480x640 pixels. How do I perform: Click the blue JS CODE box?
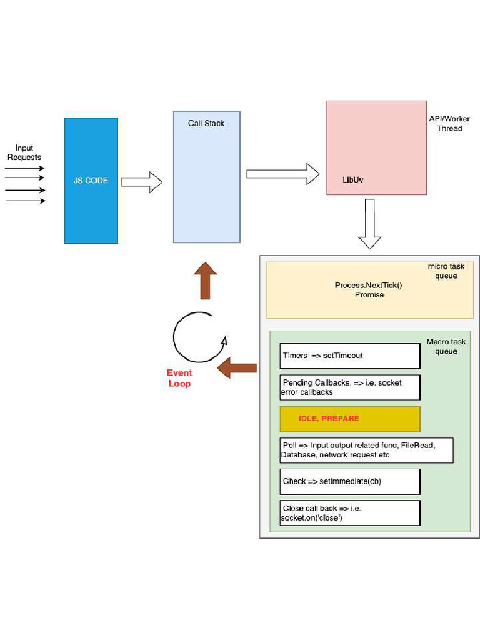click(91, 181)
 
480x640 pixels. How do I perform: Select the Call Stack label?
click(206, 123)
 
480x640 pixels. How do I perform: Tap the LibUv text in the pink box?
click(353, 179)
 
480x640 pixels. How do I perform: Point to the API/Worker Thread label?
click(449, 123)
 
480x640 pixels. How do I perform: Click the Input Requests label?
click(24, 152)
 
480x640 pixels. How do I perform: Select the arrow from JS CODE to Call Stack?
click(141, 182)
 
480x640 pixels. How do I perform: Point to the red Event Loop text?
click(179, 378)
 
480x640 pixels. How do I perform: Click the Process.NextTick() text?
click(369, 285)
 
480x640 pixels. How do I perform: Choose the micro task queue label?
click(446, 271)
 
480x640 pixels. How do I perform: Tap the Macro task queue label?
click(446, 346)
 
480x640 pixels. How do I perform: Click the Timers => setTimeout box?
click(349, 356)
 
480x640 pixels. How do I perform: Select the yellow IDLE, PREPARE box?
click(349, 419)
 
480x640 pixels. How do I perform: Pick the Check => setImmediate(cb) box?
click(349, 482)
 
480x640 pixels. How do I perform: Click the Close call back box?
click(349, 513)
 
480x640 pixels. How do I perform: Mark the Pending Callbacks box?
click(349, 387)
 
